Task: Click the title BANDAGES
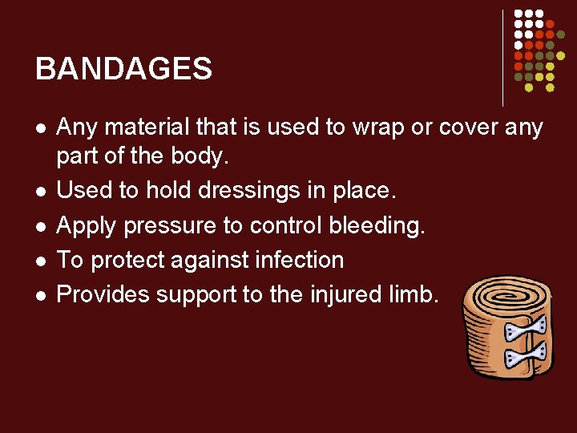123,69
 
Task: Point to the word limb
417,294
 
